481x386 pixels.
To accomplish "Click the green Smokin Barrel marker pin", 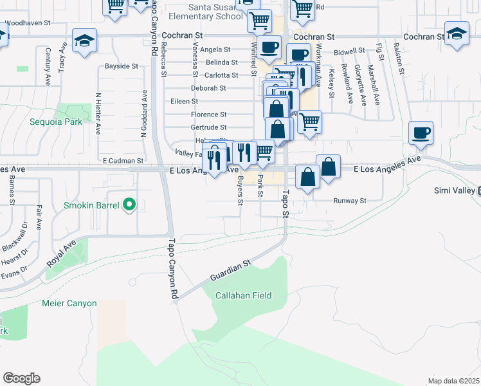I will tap(129, 205).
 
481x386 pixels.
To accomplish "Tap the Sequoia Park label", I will tap(56, 121).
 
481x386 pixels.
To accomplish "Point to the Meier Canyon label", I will tap(69, 303).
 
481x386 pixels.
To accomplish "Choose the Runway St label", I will tap(349, 201).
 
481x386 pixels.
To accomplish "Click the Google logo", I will tap(21, 378).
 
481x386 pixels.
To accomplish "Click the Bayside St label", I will tap(121, 66).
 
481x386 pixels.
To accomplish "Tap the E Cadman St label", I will tap(122, 160).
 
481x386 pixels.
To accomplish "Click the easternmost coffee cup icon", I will tap(421, 133).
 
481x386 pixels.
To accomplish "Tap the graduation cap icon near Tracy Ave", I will tap(84, 41).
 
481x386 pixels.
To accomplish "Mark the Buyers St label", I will tap(240, 190).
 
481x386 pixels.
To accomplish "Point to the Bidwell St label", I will tap(349, 50).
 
